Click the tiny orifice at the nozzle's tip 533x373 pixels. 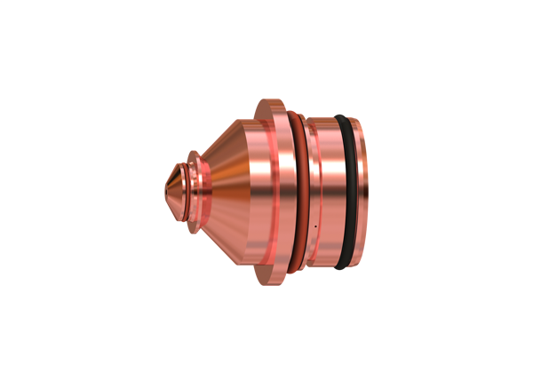(x=165, y=186)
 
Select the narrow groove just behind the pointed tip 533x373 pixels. (x=182, y=186)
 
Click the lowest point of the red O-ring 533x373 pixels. (x=293, y=270)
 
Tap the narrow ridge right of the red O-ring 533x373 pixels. (x=306, y=191)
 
